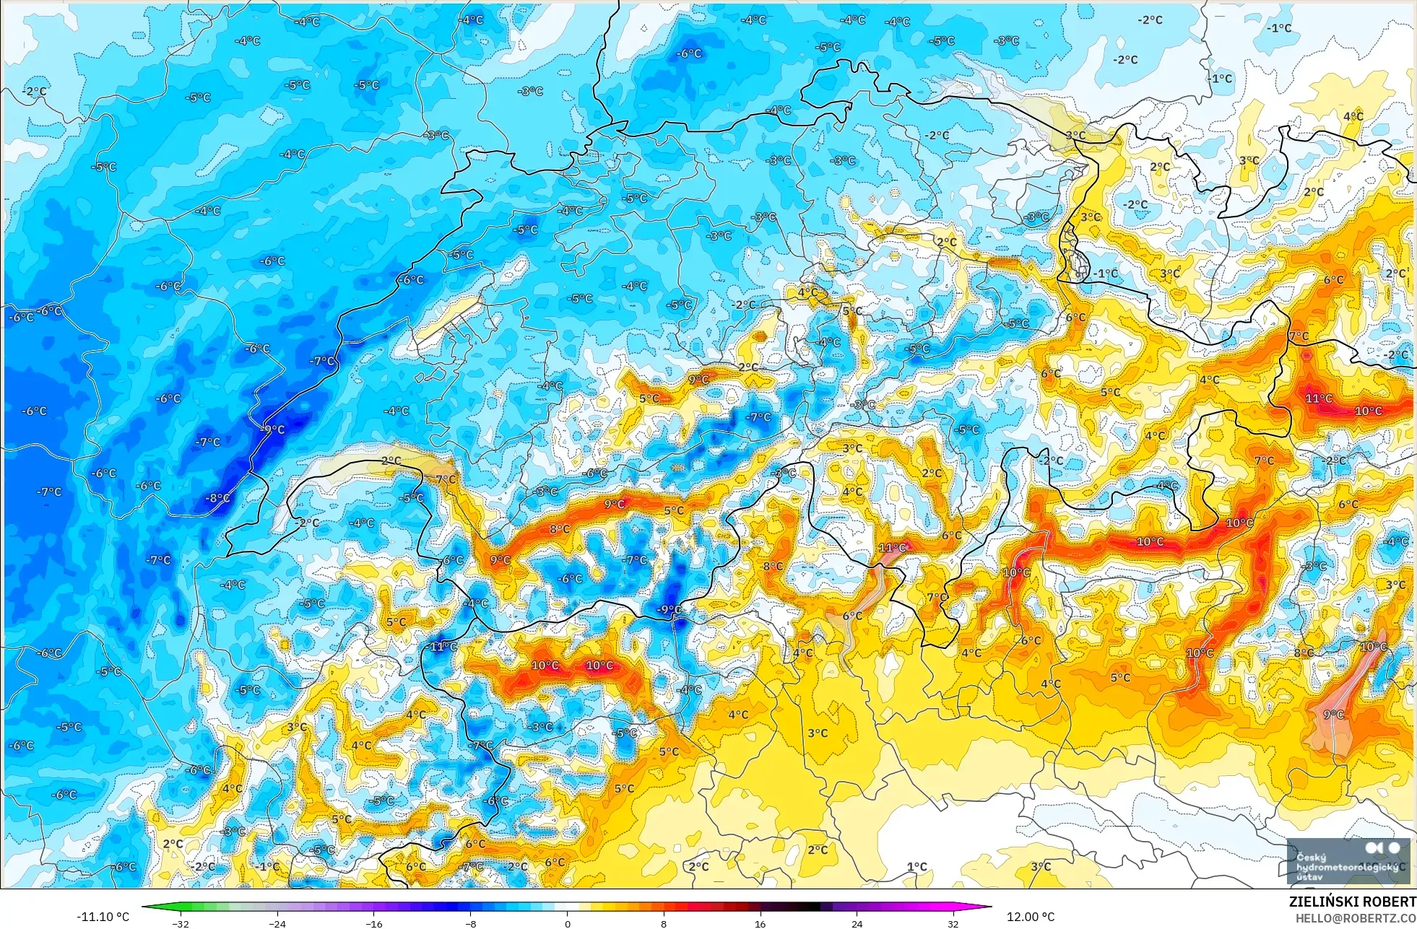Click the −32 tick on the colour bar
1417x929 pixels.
pyautogui.click(x=181, y=923)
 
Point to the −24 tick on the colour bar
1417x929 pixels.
pyautogui.click(x=277, y=923)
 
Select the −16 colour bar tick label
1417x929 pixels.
pyautogui.click(x=373, y=923)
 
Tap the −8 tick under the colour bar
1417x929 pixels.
pyautogui.click(x=470, y=923)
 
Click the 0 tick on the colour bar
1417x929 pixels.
pyautogui.click(x=567, y=923)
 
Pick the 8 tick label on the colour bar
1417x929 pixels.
pyautogui.click(x=663, y=923)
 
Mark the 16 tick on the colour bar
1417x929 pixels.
pyautogui.click(x=760, y=923)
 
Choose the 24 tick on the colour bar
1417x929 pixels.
pyautogui.click(x=857, y=923)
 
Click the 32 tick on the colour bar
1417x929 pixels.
pyautogui.click(x=953, y=923)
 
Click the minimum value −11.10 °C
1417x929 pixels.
pyautogui.click(x=103, y=917)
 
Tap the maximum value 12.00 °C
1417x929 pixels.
pyautogui.click(x=1031, y=917)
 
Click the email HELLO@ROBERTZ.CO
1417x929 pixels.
pyautogui.click(x=1356, y=918)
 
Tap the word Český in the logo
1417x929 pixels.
pyautogui.click(x=1311, y=858)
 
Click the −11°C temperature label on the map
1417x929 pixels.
pyautogui.click(x=443, y=647)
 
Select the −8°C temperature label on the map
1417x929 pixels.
pyautogui.click(x=217, y=498)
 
